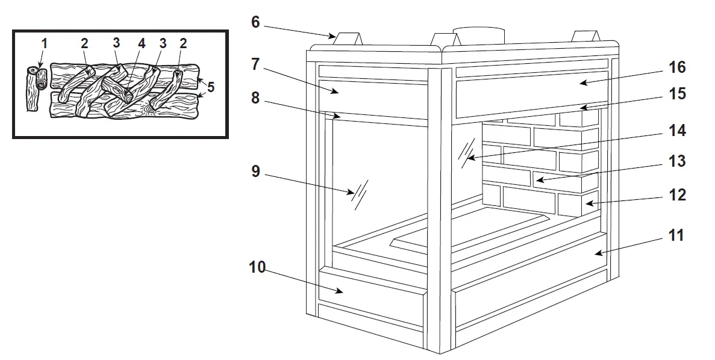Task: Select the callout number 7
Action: point(255,64)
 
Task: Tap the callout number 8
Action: point(255,98)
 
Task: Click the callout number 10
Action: point(257,267)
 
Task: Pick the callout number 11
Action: point(676,235)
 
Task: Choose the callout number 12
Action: point(676,196)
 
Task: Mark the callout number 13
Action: point(676,161)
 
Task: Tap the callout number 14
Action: point(676,130)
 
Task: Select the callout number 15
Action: point(676,95)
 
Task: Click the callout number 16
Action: point(676,67)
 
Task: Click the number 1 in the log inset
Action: point(43,43)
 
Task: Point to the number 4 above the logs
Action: point(142,43)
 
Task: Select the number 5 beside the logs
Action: point(210,87)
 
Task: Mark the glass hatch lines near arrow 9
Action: point(361,193)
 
